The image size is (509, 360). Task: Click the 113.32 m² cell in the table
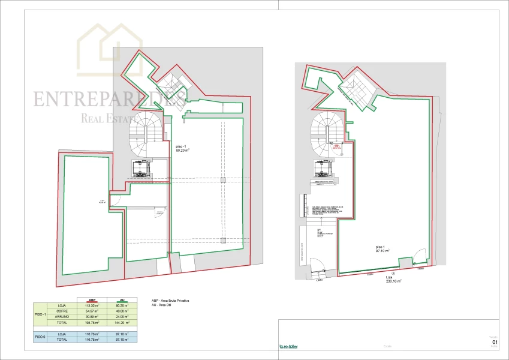[92, 305]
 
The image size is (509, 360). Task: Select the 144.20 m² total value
[122, 323]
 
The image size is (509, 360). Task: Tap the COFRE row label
[62, 311]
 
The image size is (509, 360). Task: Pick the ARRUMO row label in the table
[62, 317]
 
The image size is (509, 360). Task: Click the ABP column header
[92, 300]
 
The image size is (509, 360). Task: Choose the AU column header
[122, 300]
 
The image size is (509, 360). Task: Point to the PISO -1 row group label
[40, 314]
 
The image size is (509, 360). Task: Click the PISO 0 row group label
[40, 337]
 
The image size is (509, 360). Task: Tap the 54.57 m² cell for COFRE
[92, 311]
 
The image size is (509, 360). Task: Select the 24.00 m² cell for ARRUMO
[122, 317]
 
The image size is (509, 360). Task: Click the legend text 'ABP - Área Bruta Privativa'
[173, 301]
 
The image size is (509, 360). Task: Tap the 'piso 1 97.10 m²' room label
[382, 249]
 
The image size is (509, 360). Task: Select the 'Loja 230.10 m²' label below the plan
[393, 280]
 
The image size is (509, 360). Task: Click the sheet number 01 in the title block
[494, 342]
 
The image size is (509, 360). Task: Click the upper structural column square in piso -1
[222, 180]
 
